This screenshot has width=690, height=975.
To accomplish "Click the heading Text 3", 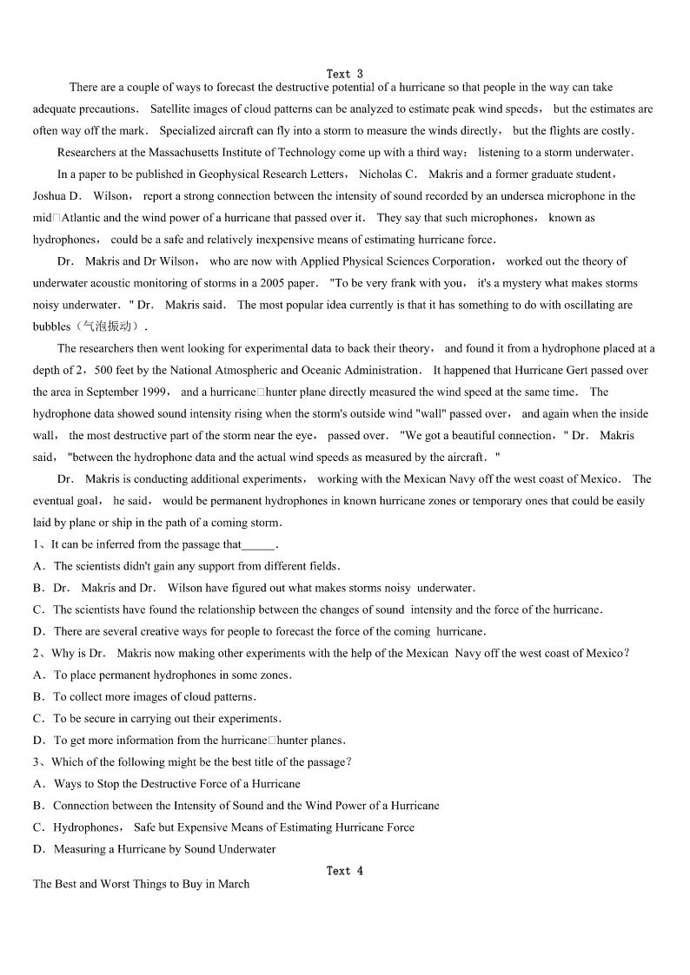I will (x=345, y=74).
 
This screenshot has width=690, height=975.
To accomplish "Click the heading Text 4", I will (x=345, y=871).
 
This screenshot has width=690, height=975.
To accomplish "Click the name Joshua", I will (x=50, y=196).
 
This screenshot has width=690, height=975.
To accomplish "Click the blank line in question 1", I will (x=258, y=545).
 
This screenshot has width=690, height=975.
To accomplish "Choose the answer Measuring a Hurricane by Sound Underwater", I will (x=164, y=849).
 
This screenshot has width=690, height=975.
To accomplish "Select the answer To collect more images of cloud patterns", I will (x=155, y=697).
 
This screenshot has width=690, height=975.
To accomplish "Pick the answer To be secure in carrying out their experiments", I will (x=167, y=719).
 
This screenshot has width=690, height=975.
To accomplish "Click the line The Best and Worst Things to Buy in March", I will (x=141, y=885).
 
